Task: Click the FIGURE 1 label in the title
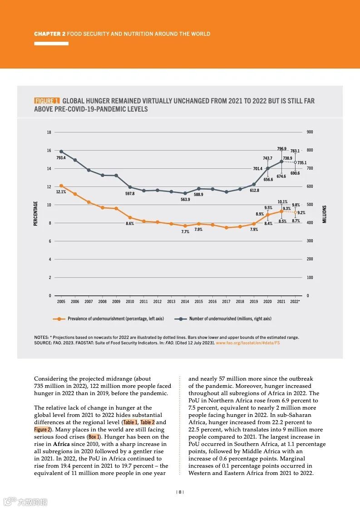click(x=47, y=101)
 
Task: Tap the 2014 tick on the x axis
click(x=185, y=302)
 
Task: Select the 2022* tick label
click(x=295, y=302)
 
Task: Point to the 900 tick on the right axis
click(x=310, y=132)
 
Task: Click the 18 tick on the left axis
click(x=49, y=132)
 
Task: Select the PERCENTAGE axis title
click(x=36, y=214)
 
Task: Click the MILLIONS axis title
click(x=325, y=214)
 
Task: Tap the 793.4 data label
click(x=61, y=158)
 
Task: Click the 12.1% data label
click(x=61, y=192)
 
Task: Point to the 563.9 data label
click(x=185, y=200)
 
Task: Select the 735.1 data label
click(x=302, y=162)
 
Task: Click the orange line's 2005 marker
click(x=61, y=186)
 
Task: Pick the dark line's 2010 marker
click(x=130, y=187)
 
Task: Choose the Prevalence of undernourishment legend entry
click(x=115, y=319)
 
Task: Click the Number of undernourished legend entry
click(x=230, y=319)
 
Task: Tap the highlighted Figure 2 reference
click(x=43, y=430)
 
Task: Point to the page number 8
click(x=180, y=492)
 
